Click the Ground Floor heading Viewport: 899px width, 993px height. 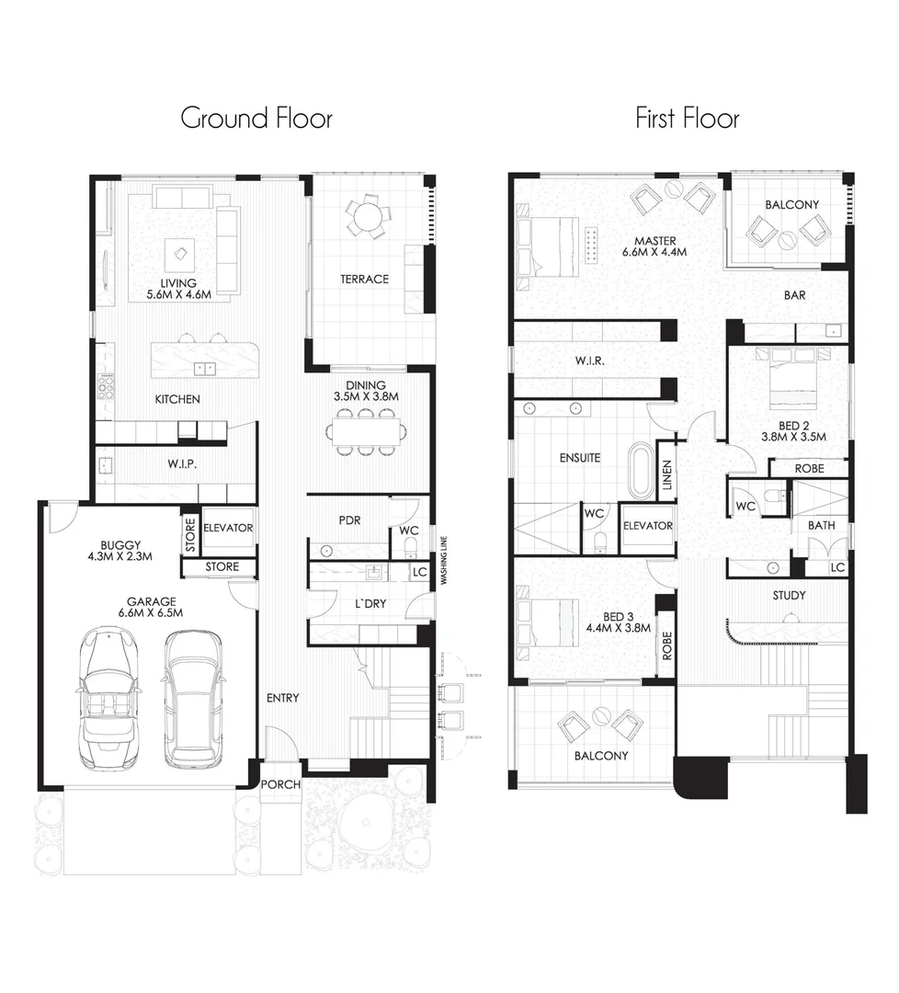pos(256,119)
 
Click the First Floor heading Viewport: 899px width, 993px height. pos(687,119)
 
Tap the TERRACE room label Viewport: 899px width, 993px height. pos(365,279)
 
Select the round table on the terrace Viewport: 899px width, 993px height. pos(366,217)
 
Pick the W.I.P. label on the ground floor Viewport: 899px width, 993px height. pos(183,464)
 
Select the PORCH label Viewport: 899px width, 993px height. pos(280,785)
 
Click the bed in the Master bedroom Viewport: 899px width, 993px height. pos(549,245)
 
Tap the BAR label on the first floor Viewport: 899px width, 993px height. pos(794,296)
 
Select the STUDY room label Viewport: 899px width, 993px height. pos(789,596)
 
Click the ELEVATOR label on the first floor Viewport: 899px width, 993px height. pos(648,527)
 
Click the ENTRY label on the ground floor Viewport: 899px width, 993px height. pos(282,698)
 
